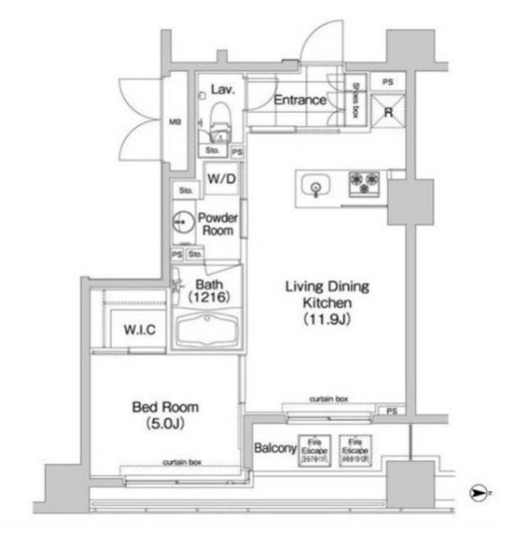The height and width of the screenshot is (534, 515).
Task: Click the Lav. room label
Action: pos(221,90)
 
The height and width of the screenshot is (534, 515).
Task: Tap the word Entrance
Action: pos(299,100)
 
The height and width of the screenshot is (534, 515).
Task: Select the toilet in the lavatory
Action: pos(219,120)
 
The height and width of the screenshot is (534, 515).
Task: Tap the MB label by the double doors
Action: pos(174,120)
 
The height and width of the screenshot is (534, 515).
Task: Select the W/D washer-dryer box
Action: pos(221,177)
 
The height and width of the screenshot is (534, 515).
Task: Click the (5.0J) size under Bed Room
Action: pos(163,423)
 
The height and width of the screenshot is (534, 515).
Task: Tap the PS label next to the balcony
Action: pos(393,409)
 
